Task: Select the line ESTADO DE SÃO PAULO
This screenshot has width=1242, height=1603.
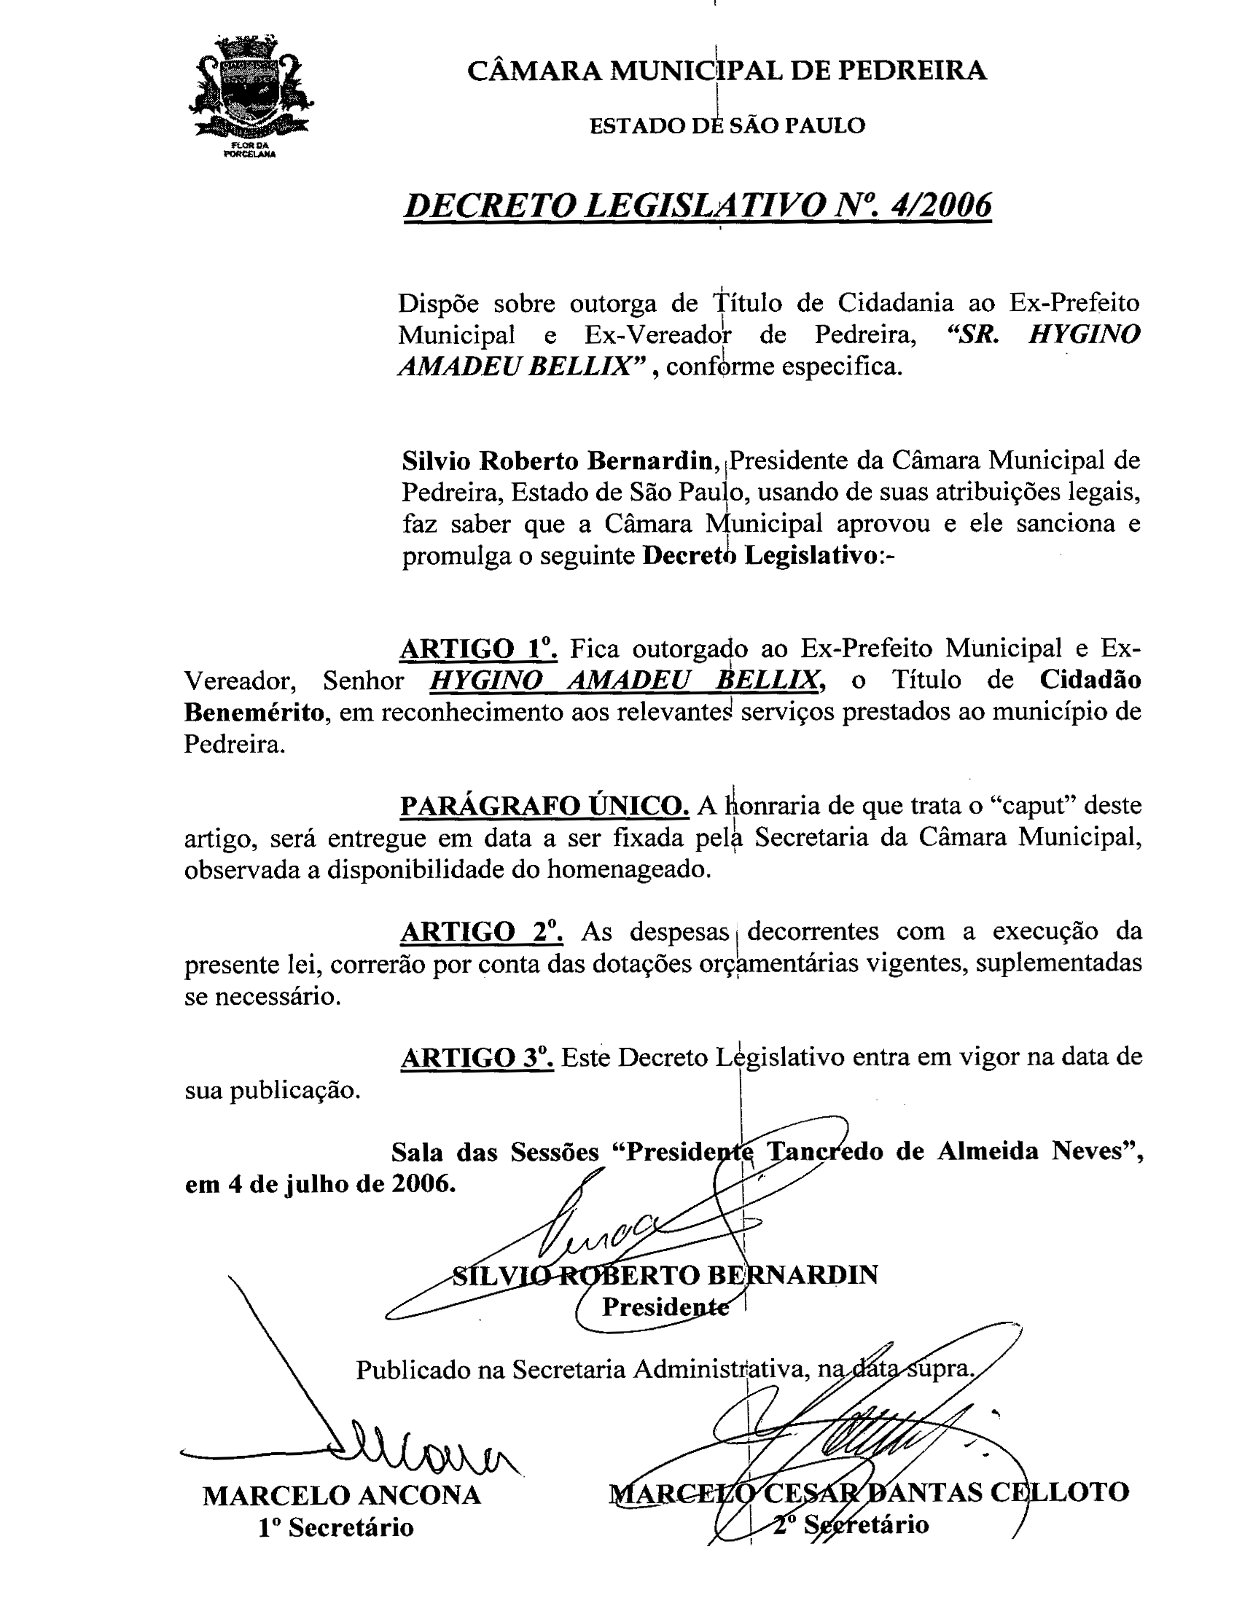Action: (x=727, y=125)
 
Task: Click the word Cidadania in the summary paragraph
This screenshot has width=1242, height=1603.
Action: (x=897, y=302)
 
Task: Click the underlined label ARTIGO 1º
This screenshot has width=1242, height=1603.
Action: (x=480, y=648)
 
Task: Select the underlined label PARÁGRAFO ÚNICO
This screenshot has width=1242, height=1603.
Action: (x=544, y=806)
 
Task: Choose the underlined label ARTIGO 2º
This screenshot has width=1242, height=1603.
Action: (x=482, y=931)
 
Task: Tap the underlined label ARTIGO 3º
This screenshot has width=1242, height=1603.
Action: (x=477, y=1058)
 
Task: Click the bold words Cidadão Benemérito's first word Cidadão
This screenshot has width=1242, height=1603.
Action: (x=1090, y=681)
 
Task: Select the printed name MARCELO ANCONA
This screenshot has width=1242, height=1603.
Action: (x=341, y=1495)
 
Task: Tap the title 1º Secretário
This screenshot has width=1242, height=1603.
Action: (x=335, y=1527)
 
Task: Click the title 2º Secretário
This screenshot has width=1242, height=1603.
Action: (x=851, y=1524)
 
